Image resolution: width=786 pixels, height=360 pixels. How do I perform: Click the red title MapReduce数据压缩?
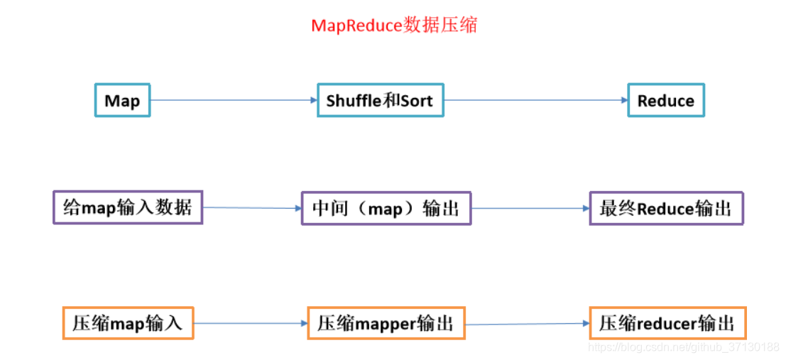coord(394,26)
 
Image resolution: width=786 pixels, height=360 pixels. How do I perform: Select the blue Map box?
coord(122,100)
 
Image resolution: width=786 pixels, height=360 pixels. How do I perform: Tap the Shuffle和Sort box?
coord(380,100)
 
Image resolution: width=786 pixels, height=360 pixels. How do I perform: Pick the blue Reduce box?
coord(666,100)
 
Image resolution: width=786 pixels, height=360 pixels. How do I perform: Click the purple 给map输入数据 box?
coord(128,207)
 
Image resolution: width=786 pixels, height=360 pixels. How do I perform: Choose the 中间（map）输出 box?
coord(386,208)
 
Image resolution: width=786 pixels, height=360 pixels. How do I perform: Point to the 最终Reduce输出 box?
coord(666,208)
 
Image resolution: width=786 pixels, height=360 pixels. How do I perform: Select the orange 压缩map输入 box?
coord(128,323)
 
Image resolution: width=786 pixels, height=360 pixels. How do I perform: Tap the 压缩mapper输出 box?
coord(386,324)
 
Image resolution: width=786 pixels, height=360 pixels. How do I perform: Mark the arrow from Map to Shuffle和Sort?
coord(234,100)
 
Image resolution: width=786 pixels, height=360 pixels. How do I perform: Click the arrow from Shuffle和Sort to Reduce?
coord(535,100)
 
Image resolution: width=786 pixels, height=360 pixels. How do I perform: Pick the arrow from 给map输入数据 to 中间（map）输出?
coord(252,208)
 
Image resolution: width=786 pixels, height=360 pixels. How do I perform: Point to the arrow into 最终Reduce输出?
coord(530,209)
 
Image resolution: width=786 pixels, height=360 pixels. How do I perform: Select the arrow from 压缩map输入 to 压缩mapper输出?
coord(250,323)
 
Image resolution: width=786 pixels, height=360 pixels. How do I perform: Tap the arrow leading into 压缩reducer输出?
coord(527,324)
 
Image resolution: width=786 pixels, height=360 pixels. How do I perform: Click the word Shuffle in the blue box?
coord(354,100)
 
